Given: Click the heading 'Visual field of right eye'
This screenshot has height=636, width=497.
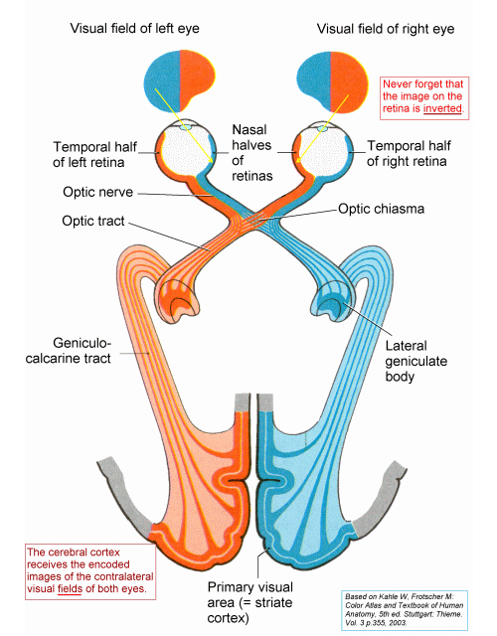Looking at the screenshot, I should coord(373,29).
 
